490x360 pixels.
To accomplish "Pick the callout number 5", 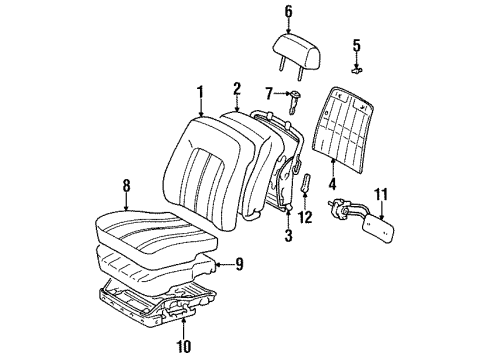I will point(356,45).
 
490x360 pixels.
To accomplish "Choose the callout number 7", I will point(267,94).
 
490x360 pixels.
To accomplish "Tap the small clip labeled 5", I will point(356,69).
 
